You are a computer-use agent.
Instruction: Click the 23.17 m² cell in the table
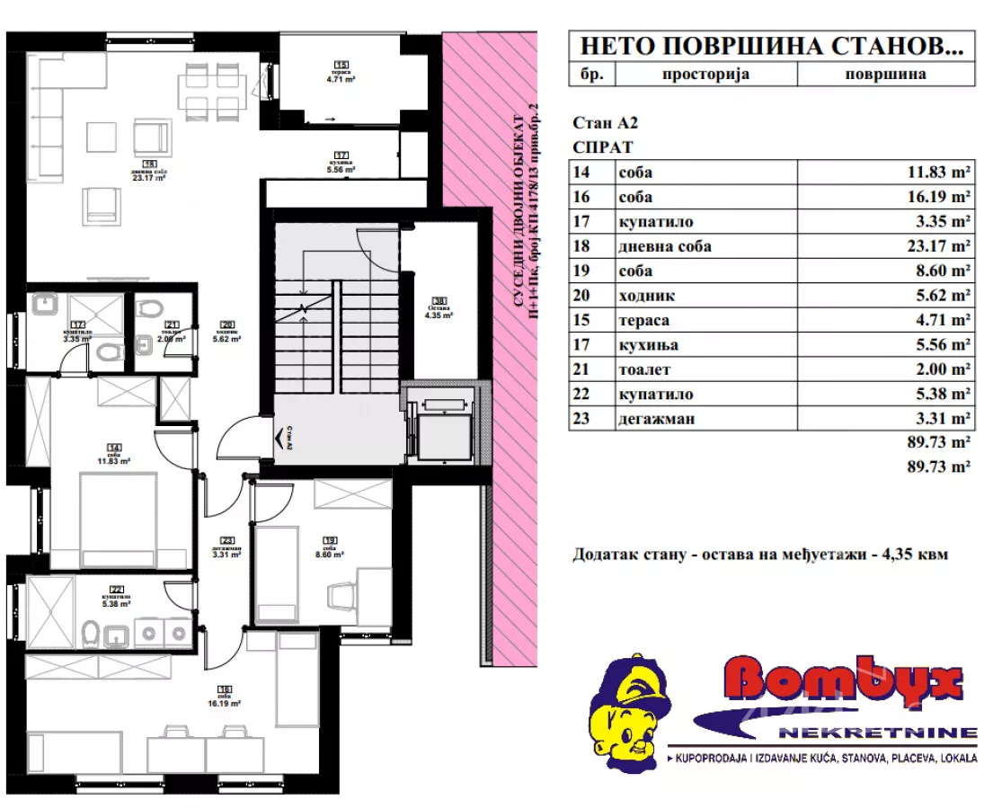(941, 246)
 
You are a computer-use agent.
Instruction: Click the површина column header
(885, 75)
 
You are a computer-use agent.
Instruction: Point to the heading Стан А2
(607, 124)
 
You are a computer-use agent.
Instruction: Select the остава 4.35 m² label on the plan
(439, 308)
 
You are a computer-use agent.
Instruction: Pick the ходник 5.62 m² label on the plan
(227, 333)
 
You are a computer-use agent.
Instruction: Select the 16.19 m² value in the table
(941, 197)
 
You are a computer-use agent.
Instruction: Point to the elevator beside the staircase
(440, 422)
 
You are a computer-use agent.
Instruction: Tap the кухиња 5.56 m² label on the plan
(341, 163)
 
